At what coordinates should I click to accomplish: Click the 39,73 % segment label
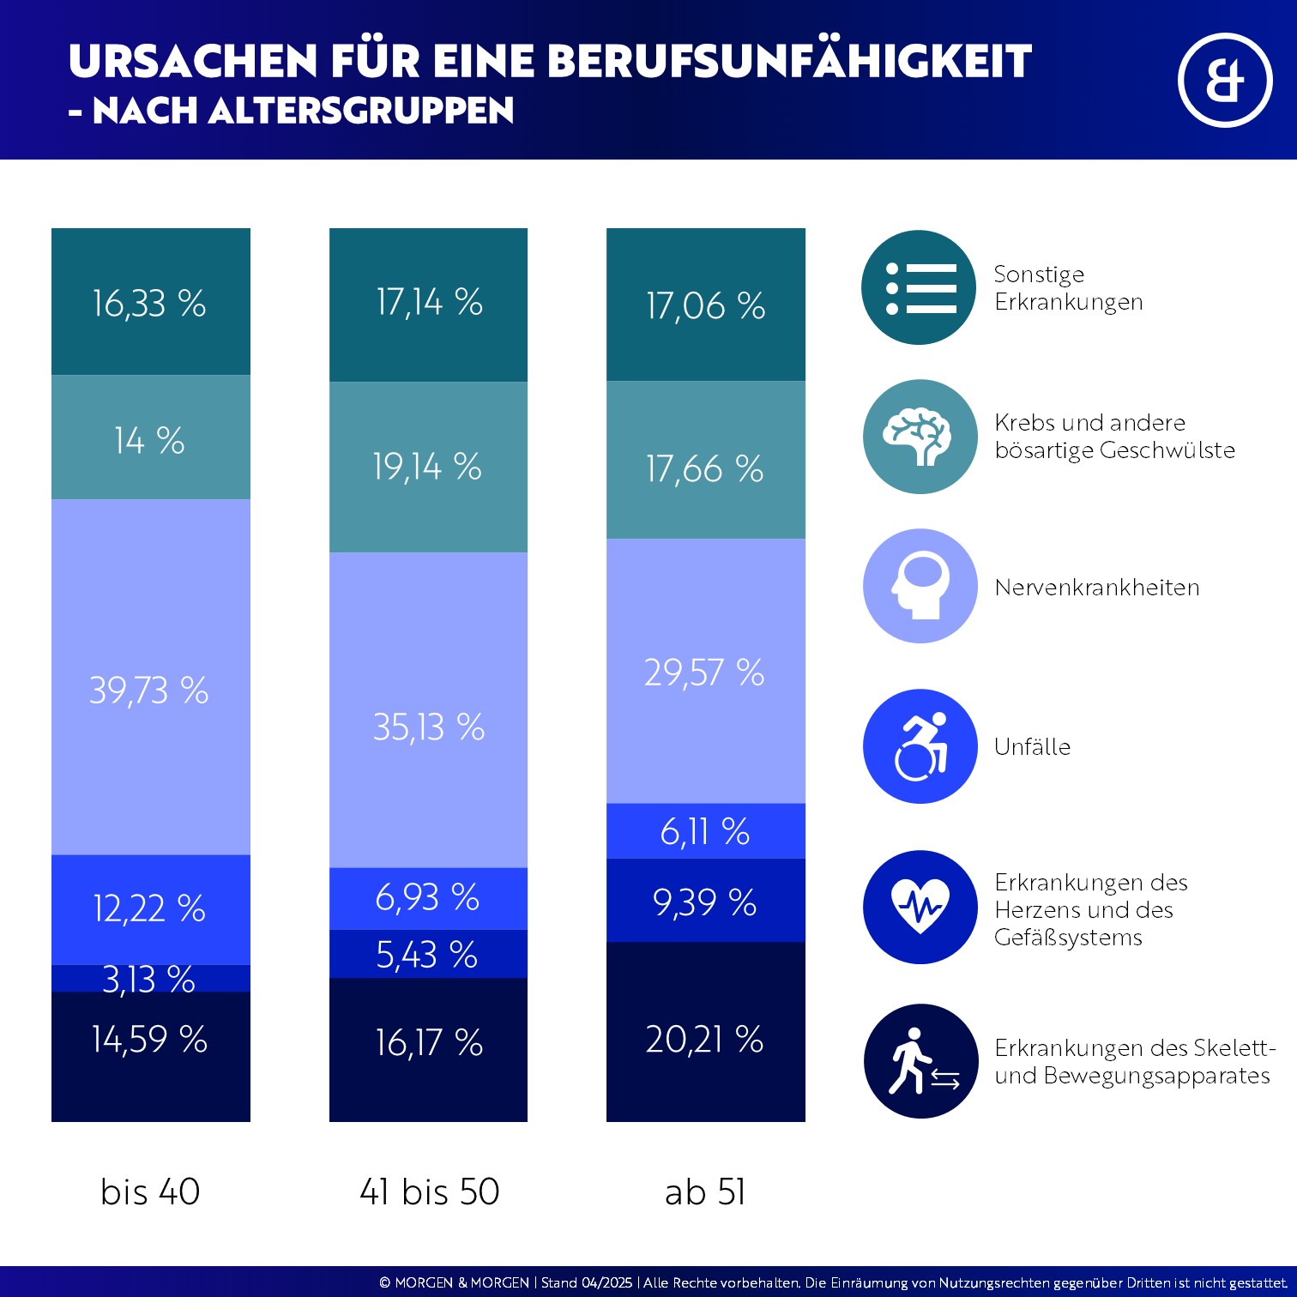pyautogui.click(x=149, y=691)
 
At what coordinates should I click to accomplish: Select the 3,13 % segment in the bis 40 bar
pyautogui.click(x=149, y=979)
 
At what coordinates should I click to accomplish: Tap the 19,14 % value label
pyautogui.click(x=427, y=467)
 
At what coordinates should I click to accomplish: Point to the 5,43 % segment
pyautogui.click(x=427, y=955)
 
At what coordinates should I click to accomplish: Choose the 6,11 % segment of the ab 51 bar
pyautogui.click(x=705, y=831)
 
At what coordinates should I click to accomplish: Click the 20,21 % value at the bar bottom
pyautogui.click(x=705, y=1040)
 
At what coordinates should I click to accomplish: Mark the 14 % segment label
pyautogui.click(x=149, y=441)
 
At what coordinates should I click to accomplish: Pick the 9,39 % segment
pyautogui.click(x=705, y=902)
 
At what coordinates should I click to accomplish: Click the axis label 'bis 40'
pyautogui.click(x=150, y=1191)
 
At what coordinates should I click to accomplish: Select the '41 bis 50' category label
pyautogui.click(x=429, y=1191)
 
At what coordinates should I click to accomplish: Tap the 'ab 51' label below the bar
pyautogui.click(x=705, y=1191)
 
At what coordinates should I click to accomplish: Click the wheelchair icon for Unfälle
pyautogui.click(x=920, y=746)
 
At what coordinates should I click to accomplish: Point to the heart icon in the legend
pyautogui.click(x=920, y=907)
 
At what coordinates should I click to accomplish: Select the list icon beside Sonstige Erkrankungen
pyautogui.click(x=919, y=287)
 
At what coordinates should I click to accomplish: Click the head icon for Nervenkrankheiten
pyautogui.click(x=920, y=586)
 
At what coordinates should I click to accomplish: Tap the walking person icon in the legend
pyautogui.click(x=920, y=1061)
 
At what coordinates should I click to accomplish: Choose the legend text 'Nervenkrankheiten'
pyautogui.click(x=1097, y=588)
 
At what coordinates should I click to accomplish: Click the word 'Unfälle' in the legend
pyautogui.click(x=1033, y=747)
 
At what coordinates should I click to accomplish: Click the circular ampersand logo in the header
pyautogui.click(x=1224, y=81)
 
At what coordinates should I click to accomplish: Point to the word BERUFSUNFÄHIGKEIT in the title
pyautogui.click(x=788, y=62)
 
